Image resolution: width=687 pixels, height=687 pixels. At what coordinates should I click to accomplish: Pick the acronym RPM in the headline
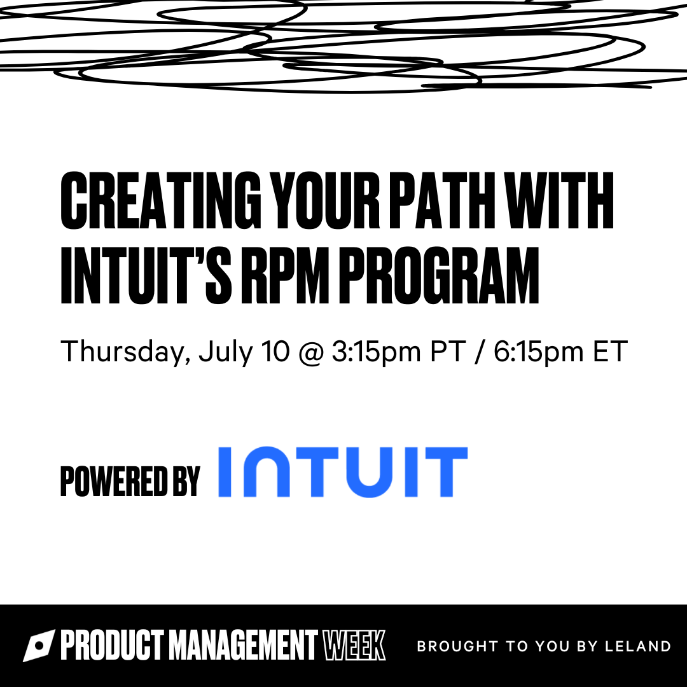click(x=285, y=275)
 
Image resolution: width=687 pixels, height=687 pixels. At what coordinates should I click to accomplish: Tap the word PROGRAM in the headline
click(x=438, y=275)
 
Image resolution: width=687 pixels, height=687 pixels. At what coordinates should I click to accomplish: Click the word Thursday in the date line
click(x=126, y=352)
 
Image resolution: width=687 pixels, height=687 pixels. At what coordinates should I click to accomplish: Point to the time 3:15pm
click(x=377, y=352)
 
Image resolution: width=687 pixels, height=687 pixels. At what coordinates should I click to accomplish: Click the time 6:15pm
click(x=539, y=352)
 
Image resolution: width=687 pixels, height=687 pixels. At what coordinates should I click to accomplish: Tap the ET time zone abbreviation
click(x=610, y=351)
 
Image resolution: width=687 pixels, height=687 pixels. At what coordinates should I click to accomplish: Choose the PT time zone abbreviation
click(x=448, y=351)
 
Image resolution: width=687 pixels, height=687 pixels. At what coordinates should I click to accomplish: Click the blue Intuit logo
click(x=343, y=472)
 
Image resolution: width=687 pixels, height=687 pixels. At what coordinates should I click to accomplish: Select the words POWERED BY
click(x=130, y=482)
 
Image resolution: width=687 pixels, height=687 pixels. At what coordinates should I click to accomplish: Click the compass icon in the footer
click(x=39, y=646)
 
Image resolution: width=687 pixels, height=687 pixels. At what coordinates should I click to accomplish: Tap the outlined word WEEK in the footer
click(x=354, y=645)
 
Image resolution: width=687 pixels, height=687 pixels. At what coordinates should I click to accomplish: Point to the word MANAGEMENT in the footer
click(x=243, y=645)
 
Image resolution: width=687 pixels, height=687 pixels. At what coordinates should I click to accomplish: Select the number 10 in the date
click(x=275, y=351)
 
